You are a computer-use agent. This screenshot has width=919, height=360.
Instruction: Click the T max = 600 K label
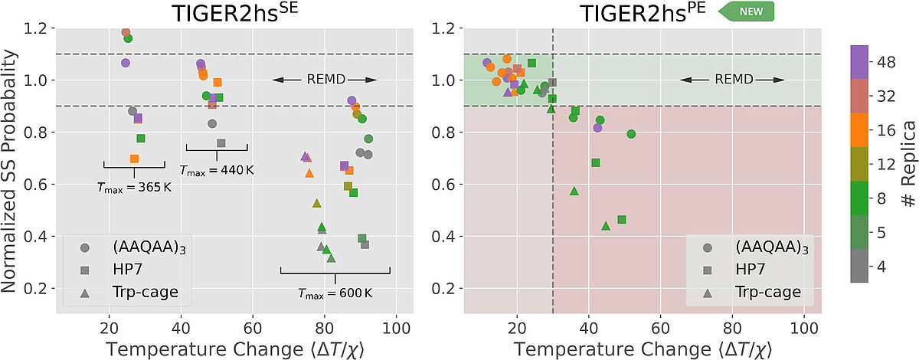[335, 293]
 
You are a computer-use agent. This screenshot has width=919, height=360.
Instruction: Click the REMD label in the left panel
[325, 80]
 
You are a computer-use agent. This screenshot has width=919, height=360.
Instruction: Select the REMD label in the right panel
[733, 80]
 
